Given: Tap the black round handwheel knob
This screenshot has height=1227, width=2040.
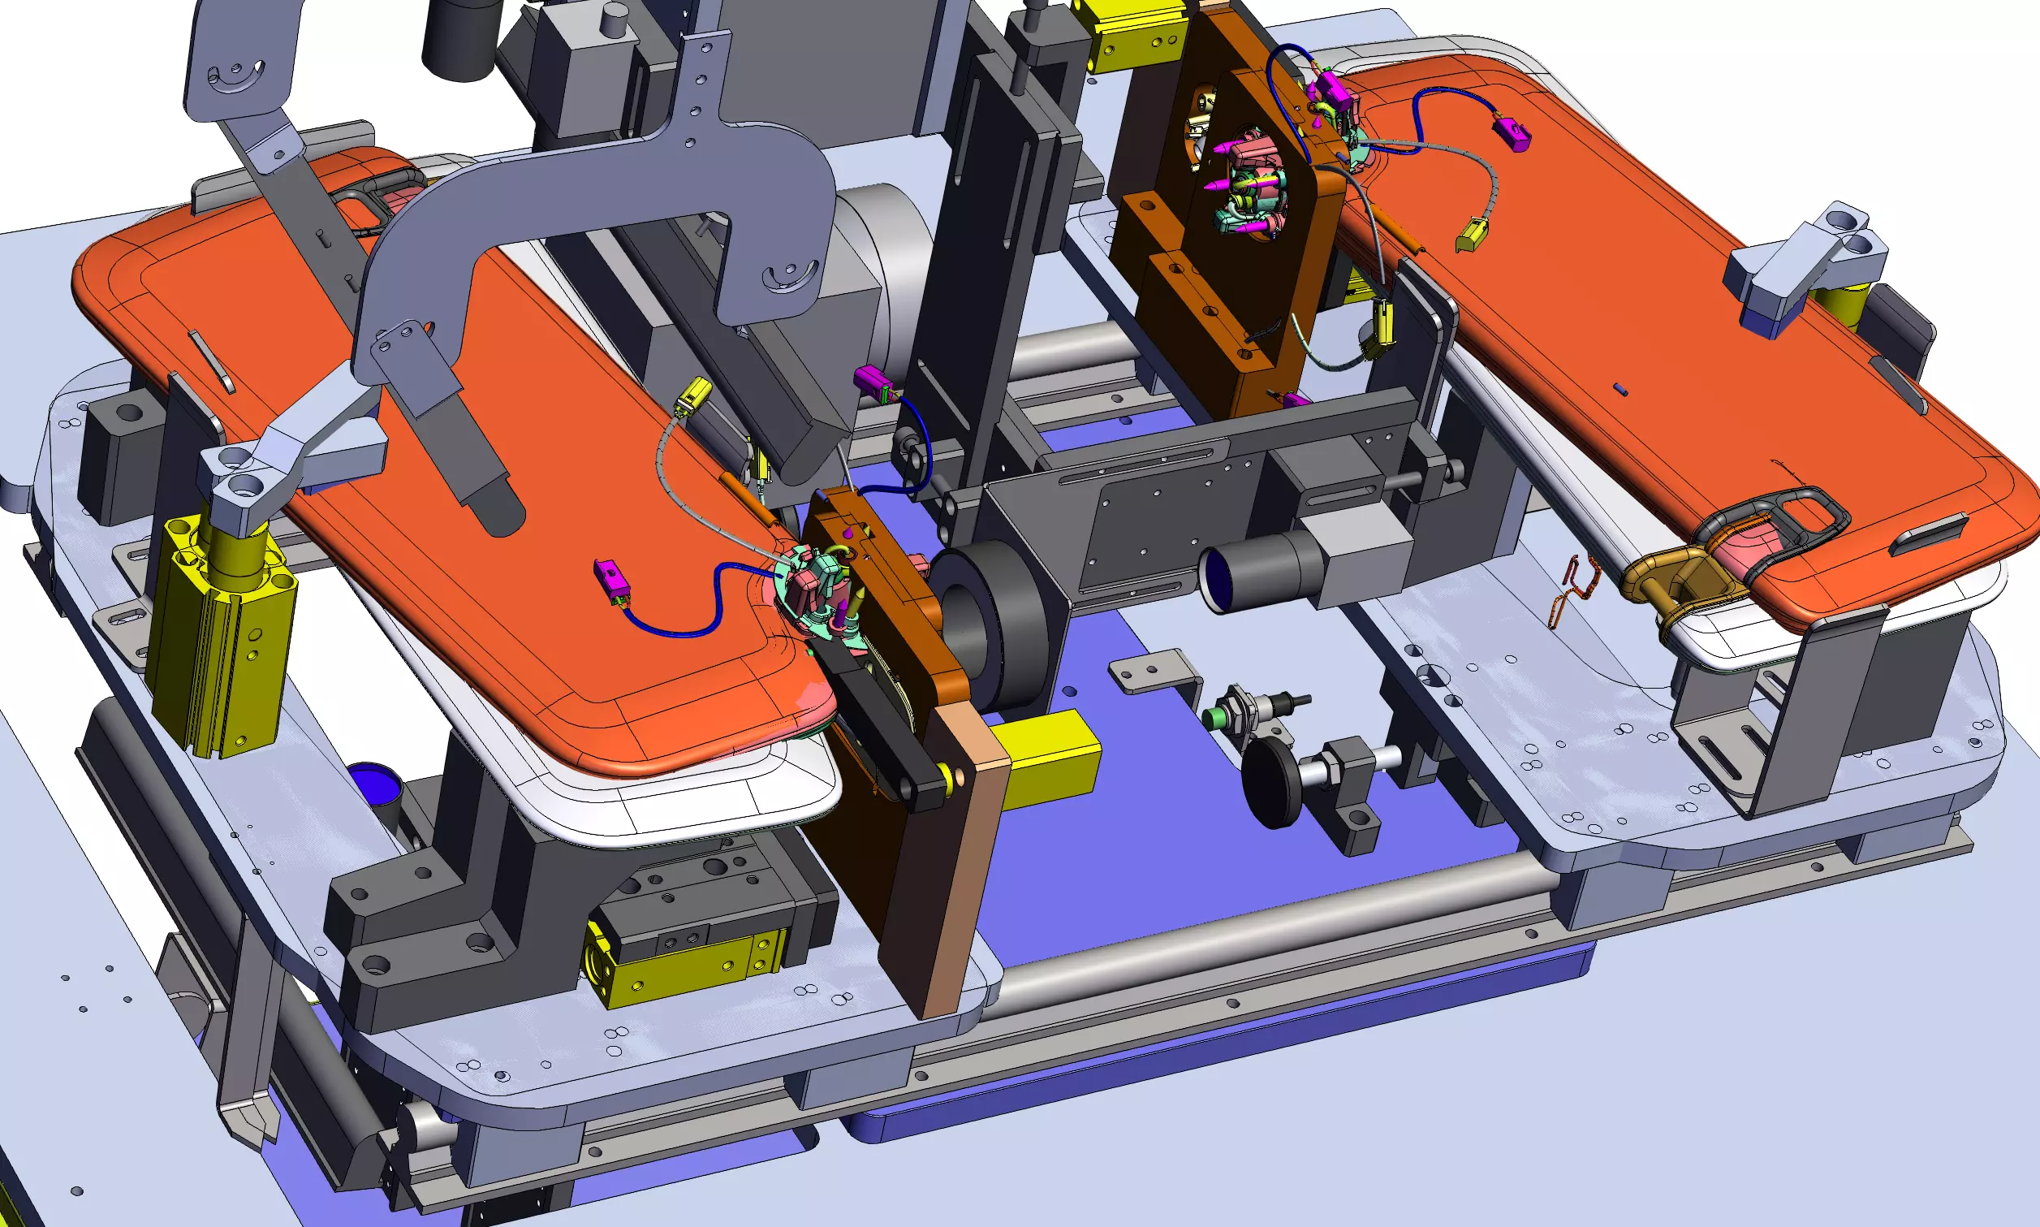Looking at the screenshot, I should click(1271, 780).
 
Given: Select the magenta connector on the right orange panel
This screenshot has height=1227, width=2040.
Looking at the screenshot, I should click(1512, 134).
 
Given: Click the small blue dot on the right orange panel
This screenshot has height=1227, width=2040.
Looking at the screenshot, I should click(1623, 388).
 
